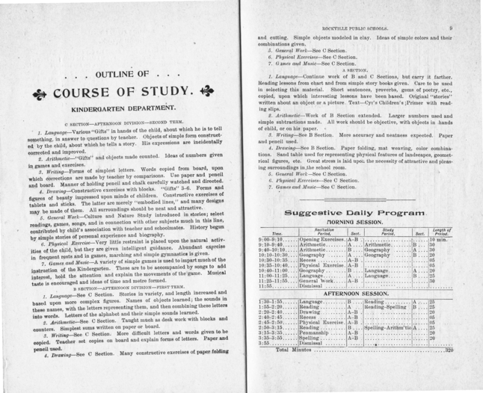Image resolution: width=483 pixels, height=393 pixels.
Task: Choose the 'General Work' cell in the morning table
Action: [x=317, y=280]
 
